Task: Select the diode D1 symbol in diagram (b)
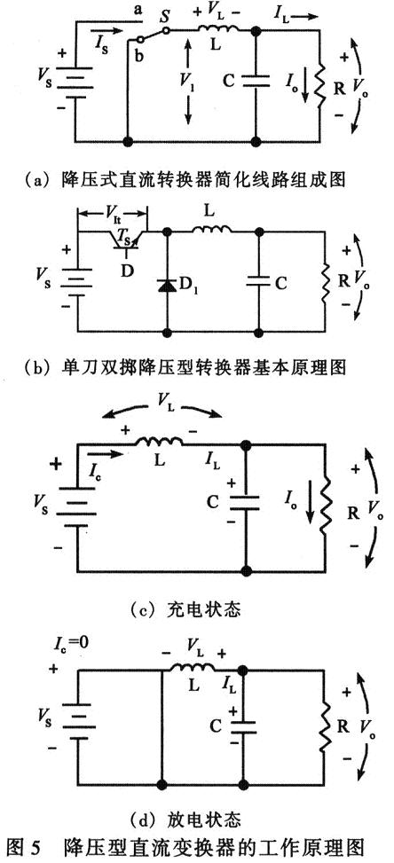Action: pos(166,286)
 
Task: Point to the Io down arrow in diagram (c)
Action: pos(303,515)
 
